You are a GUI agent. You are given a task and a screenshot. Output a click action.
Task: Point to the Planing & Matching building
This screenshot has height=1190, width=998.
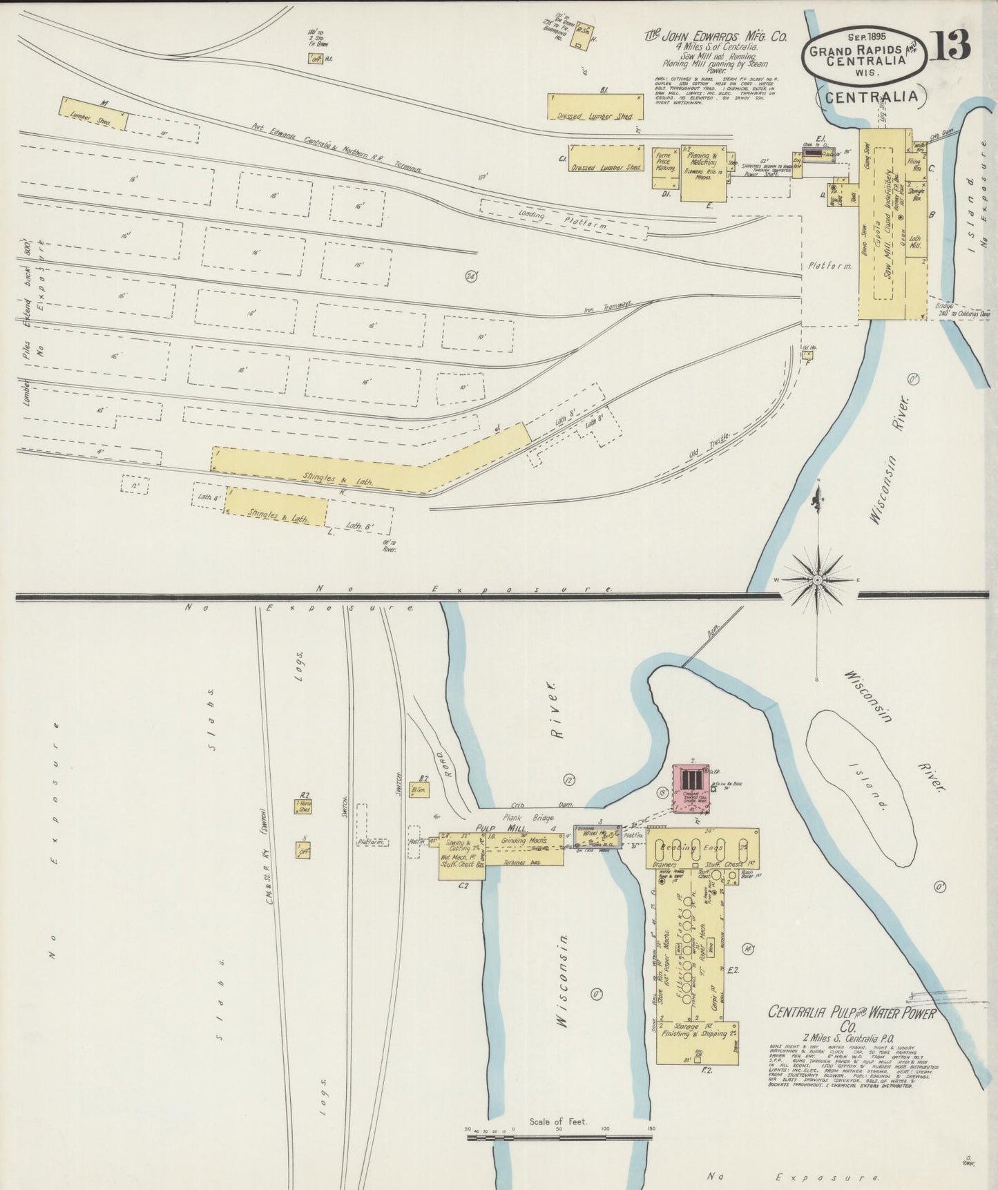click(x=704, y=173)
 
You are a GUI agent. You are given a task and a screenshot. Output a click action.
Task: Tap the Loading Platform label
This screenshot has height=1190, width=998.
click(x=563, y=220)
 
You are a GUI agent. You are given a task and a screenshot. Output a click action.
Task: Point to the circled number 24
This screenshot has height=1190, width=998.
click(x=472, y=276)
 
